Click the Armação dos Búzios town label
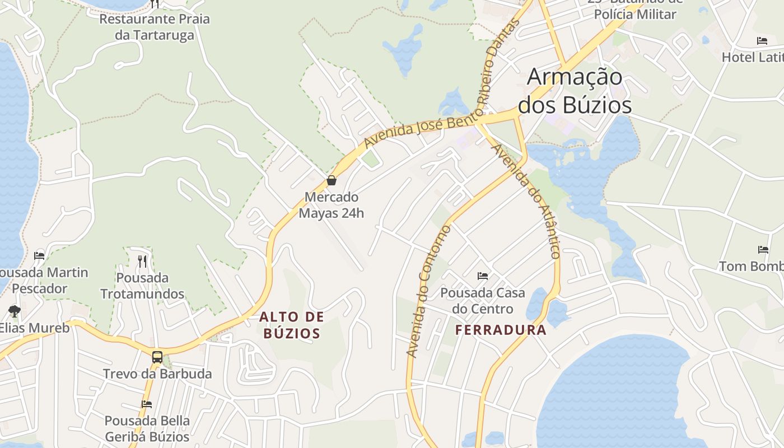click(x=575, y=91)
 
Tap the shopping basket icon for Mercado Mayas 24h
click(x=332, y=180)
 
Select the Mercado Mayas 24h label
click(x=331, y=205)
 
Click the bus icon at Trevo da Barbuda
click(x=157, y=357)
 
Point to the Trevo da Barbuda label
click(x=157, y=374)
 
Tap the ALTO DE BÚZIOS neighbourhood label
click(x=291, y=325)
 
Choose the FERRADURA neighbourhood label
click(x=501, y=330)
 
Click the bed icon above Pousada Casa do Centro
click(x=483, y=276)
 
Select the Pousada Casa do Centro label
click(x=483, y=301)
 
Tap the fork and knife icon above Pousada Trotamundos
click(x=142, y=261)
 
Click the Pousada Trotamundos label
click(x=142, y=286)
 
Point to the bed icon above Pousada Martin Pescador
click(x=39, y=256)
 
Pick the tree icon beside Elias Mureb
click(x=15, y=311)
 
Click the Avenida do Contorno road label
click(x=428, y=291)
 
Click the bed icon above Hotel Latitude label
click(x=762, y=41)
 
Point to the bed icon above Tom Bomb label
click(x=763, y=250)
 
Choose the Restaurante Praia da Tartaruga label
click(x=155, y=27)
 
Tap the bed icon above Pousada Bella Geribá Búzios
click(x=147, y=404)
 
